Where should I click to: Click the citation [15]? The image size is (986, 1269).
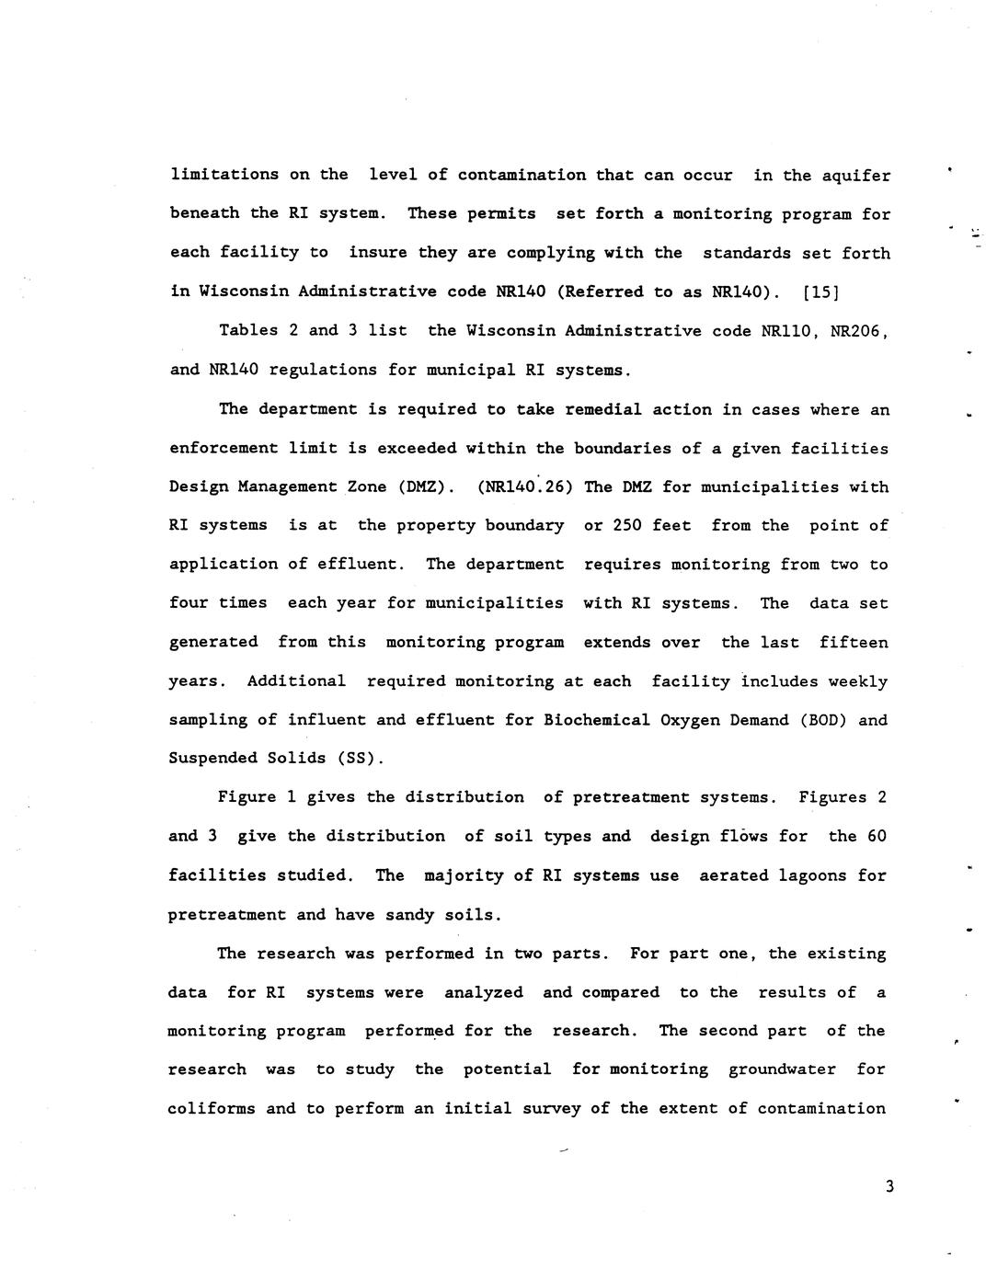pos(820,292)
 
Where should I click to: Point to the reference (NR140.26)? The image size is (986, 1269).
pos(525,486)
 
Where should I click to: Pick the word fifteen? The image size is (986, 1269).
pos(854,642)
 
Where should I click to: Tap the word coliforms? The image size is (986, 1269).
pos(212,1108)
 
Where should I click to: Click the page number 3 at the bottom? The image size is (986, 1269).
pos(889,1186)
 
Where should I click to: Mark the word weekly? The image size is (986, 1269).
pos(857,681)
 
